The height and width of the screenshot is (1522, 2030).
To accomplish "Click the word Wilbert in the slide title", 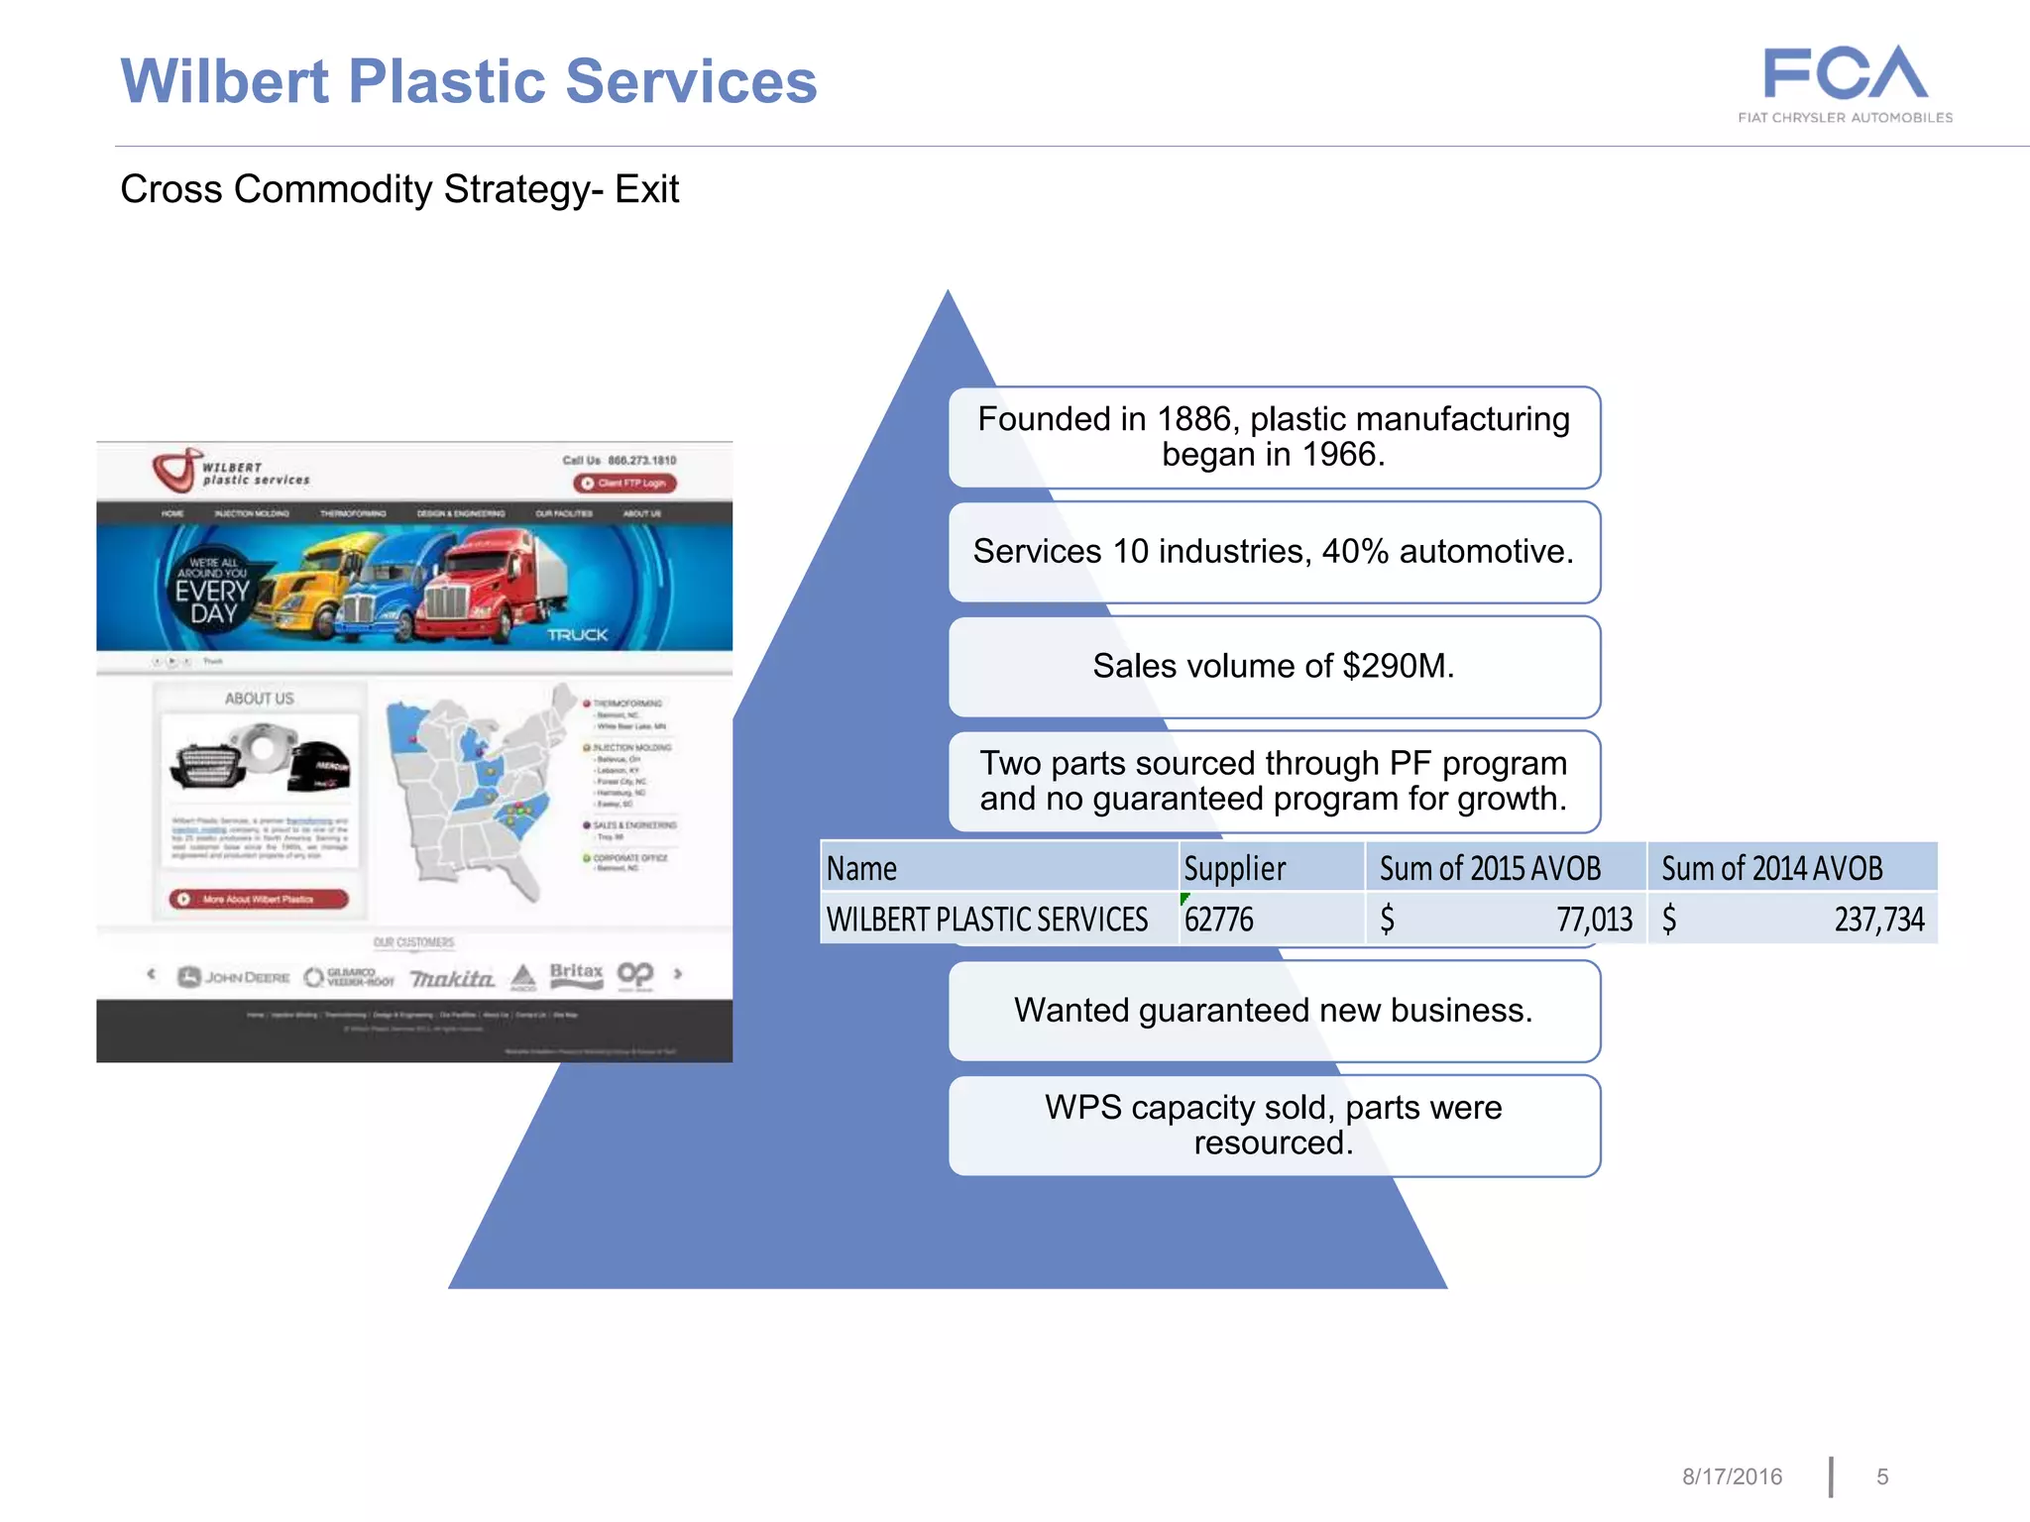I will coord(224,81).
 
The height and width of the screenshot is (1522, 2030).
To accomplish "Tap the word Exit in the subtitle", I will coord(646,189).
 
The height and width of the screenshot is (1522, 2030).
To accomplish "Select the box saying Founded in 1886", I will coord(1274,437).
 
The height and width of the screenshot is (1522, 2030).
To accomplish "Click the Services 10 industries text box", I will coord(1274,552).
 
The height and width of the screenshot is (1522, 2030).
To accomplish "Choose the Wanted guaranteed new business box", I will coord(1274,1011).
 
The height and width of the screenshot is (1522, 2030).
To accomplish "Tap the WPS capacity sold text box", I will coord(1274,1126).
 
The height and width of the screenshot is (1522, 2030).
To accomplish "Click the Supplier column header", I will coord(1234,868).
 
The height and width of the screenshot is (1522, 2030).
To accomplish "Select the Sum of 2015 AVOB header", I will coord(1490,868).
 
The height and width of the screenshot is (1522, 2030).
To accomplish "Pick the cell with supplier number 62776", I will coord(1219,920).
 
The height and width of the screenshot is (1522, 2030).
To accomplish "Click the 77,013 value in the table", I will coord(1594,920).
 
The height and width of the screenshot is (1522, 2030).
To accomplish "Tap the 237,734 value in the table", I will coord(1878,920).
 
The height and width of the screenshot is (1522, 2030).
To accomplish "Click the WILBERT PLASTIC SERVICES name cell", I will coord(987,920).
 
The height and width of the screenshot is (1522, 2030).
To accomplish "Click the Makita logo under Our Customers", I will coord(452,978).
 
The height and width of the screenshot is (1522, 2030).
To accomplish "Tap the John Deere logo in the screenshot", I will coord(234,977).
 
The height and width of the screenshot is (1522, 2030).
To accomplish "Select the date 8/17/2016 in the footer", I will coord(1732,1476).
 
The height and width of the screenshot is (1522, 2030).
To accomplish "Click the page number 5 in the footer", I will coord(1882,1476).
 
